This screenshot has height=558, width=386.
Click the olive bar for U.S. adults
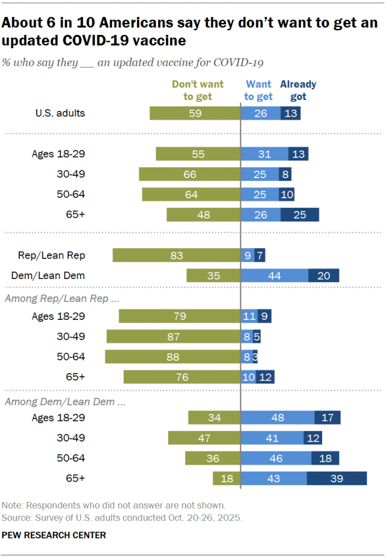click(x=195, y=113)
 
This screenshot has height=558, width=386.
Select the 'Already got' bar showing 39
click(x=337, y=478)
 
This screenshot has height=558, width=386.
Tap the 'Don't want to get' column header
click(x=197, y=90)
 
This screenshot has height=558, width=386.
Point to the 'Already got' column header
click(x=298, y=90)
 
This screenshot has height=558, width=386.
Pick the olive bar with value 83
click(x=176, y=255)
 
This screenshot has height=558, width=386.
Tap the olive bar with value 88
click(x=172, y=356)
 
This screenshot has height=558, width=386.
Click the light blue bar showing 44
click(x=274, y=275)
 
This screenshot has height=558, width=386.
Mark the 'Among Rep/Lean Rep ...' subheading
click(x=61, y=297)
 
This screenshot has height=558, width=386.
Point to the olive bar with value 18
click(x=226, y=478)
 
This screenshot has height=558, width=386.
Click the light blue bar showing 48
click(x=277, y=417)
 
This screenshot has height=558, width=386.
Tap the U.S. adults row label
click(x=60, y=113)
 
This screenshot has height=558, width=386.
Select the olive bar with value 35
click(x=214, y=275)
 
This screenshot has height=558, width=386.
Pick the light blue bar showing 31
click(x=264, y=154)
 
